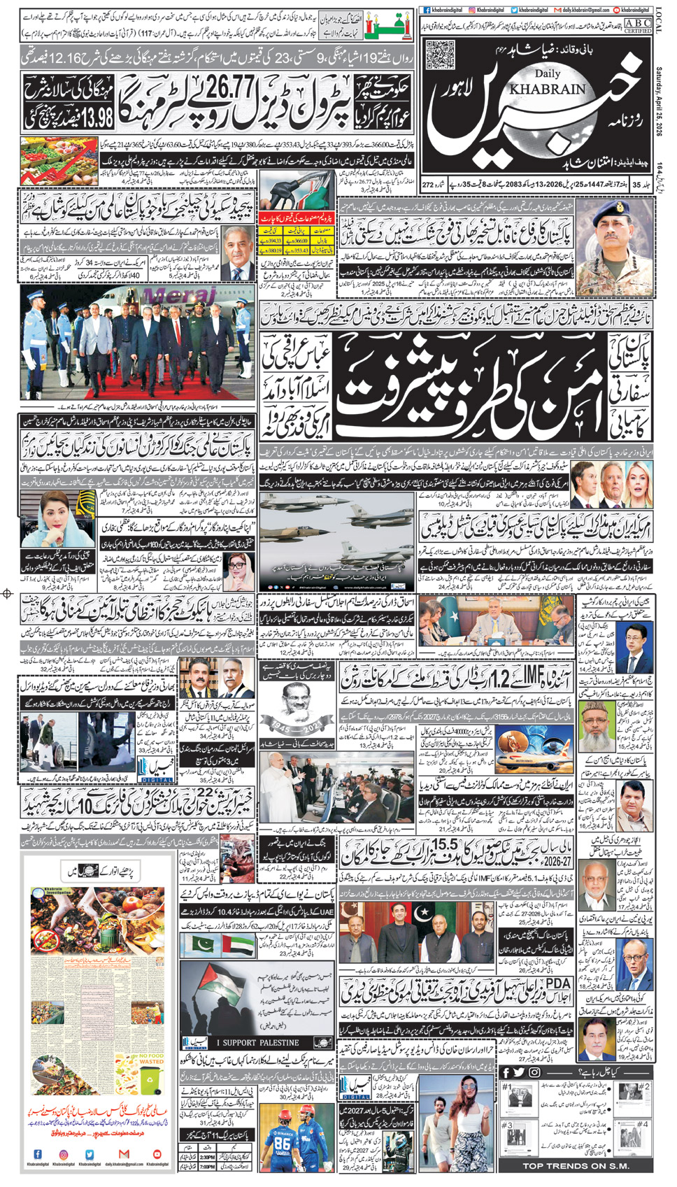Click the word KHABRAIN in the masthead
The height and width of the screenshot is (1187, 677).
coord(548,89)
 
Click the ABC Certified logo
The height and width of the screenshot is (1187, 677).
coord(636,26)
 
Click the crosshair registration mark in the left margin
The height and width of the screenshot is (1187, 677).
coord(8,594)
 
